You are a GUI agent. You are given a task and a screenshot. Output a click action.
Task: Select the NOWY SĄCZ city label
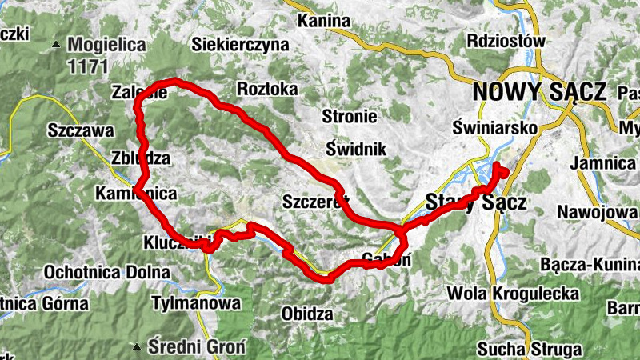(539, 92)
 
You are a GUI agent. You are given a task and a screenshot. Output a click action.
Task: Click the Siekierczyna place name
(239, 46)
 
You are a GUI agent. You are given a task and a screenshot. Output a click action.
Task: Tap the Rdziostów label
(507, 41)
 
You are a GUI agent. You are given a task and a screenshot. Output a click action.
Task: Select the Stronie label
(349, 117)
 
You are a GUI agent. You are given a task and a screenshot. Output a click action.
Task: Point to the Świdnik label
(356, 148)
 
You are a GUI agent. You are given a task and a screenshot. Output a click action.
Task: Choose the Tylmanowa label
(195, 304)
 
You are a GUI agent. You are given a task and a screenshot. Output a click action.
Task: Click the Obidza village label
(307, 314)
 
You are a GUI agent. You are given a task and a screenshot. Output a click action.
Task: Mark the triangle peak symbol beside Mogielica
(56, 44)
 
